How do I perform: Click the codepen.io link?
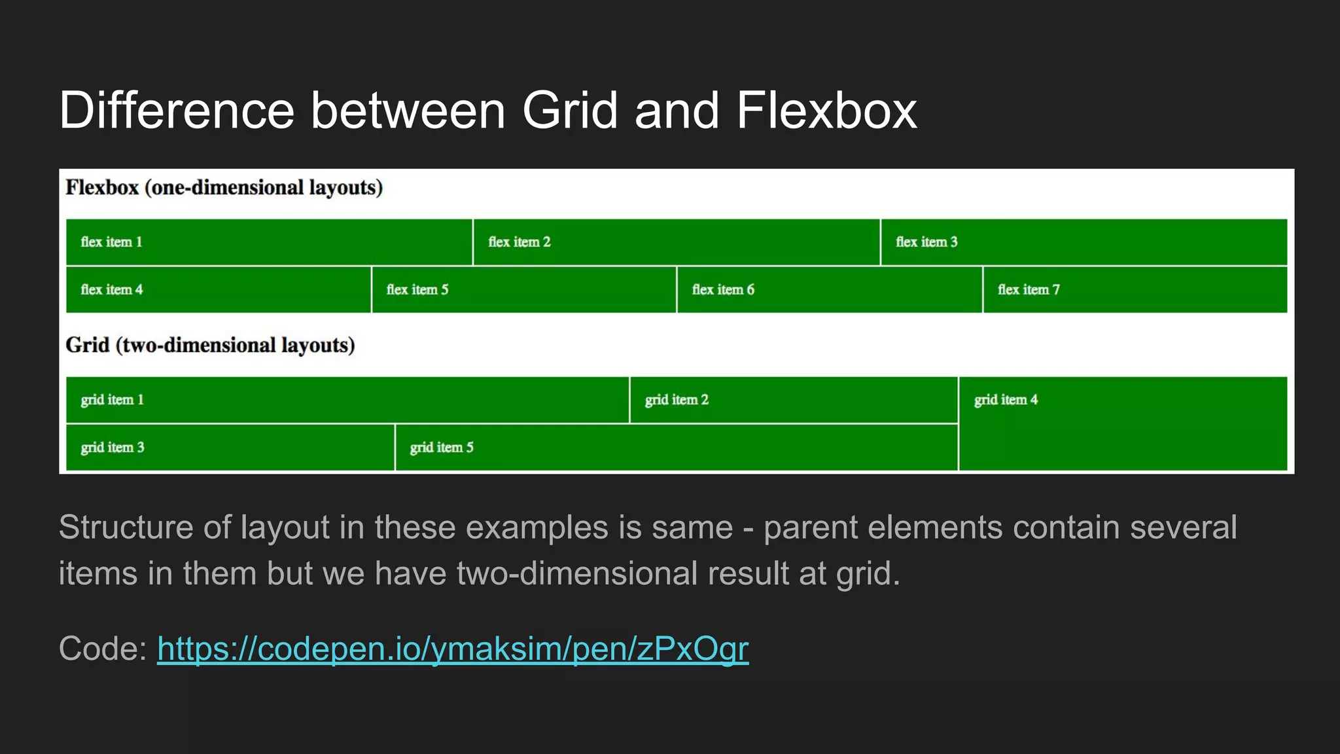(452, 649)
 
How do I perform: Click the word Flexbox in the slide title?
(826, 110)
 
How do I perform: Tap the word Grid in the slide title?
(570, 110)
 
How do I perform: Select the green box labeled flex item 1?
(269, 242)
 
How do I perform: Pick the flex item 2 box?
(677, 242)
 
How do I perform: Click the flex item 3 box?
(1084, 242)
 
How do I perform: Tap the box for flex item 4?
(219, 289)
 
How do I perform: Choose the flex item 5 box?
(524, 289)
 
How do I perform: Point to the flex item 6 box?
(830, 289)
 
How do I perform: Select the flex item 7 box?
(1135, 289)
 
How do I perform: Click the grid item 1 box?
(347, 400)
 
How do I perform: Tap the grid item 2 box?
(794, 400)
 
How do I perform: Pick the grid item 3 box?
(230, 448)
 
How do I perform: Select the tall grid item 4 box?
(1123, 423)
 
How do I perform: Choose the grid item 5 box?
(677, 448)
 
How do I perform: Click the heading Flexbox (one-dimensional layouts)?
(224, 188)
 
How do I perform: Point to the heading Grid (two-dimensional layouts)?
(210, 345)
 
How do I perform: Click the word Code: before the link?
(103, 649)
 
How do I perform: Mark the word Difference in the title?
(177, 110)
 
